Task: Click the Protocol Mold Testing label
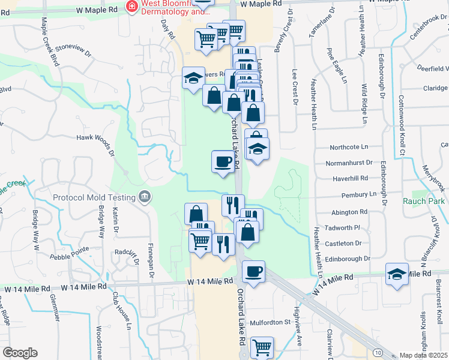(x=95, y=197)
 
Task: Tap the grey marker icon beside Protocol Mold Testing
(x=144, y=196)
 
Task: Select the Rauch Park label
(x=424, y=201)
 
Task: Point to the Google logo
(x=20, y=352)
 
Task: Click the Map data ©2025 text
(x=423, y=355)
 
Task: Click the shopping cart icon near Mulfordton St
(x=262, y=347)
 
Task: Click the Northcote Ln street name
(x=348, y=147)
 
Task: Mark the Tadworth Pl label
(x=348, y=227)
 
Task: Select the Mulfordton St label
(x=270, y=322)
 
